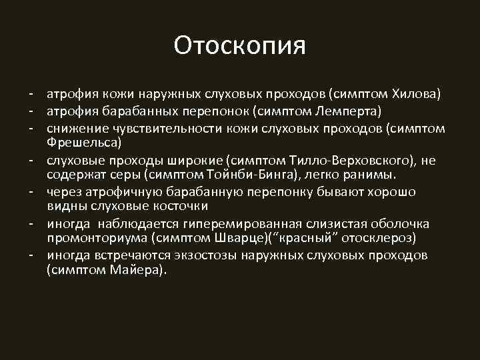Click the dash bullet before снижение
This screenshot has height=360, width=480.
tap(31, 127)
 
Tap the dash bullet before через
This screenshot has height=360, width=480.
tap(31, 191)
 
